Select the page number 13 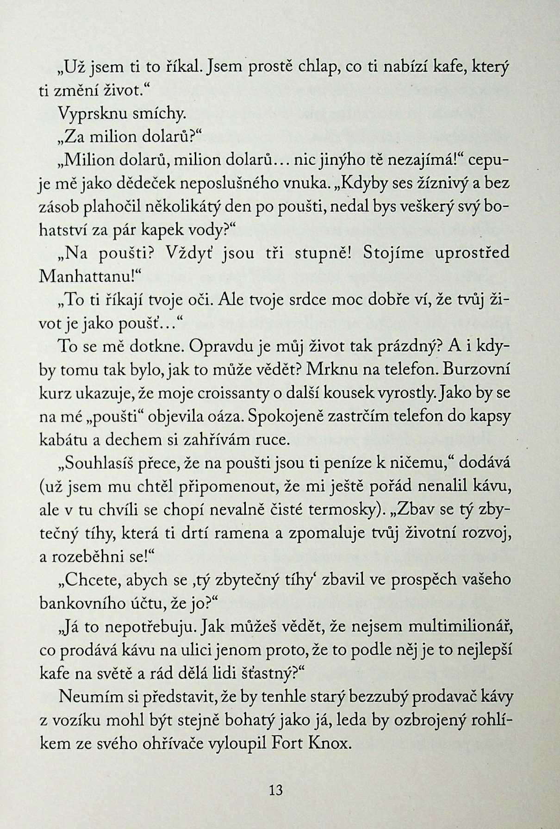point(275,789)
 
